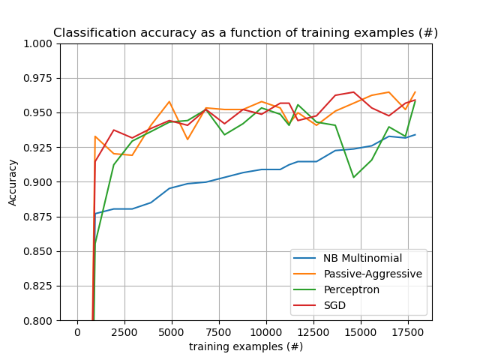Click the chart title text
point(245,33)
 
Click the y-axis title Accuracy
point(13,182)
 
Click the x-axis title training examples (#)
point(245,346)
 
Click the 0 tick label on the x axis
point(77,332)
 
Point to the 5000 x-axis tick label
point(172,332)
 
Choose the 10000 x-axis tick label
point(266,332)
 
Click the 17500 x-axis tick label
point(408,332)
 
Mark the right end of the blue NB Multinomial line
point(415,135)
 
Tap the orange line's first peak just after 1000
point(95,136)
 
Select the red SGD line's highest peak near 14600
point(353,92)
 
